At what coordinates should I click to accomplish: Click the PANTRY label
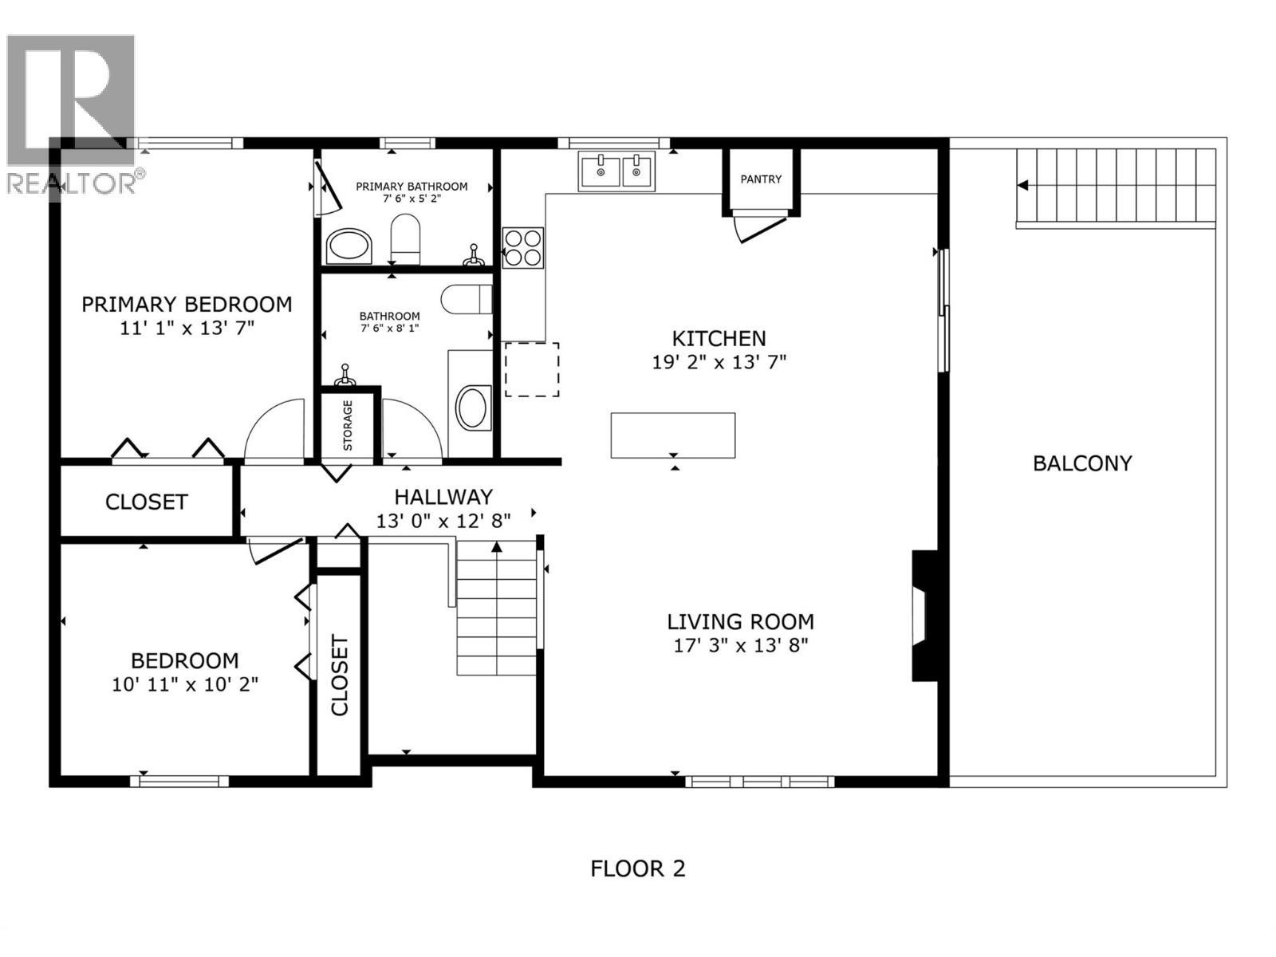pos(761,179)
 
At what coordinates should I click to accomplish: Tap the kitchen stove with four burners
pos(522,247)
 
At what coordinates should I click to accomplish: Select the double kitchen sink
pos(616,171)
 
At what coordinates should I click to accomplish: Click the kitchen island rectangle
pos(672,435)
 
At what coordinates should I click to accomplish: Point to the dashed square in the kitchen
pos(532,369)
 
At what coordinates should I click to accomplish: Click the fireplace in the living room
pos(924,616)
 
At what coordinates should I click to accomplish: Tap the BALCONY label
pos(1082,463)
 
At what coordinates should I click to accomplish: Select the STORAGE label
pos(349,426)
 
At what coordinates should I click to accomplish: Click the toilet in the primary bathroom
pos(405,239)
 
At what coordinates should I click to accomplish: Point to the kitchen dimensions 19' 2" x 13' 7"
pos(719,362)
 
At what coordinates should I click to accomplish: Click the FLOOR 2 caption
pos(637,868)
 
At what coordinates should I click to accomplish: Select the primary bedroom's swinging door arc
pos(274,431)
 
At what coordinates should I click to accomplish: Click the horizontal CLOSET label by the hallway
pos(147,502)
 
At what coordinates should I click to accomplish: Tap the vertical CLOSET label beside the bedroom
pos(340,675)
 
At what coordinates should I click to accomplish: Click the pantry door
pos(760,226)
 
